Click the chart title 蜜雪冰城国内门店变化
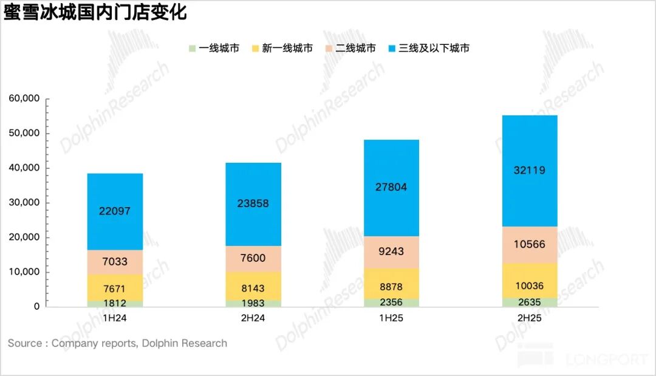[95, 13]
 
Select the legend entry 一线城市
[214, 48]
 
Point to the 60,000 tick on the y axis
[24, 98]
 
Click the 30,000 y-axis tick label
[24, 202]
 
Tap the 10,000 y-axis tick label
[24, 272]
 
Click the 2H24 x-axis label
[253, 317]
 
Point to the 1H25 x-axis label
[391, 317]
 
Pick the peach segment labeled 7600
[253, 258]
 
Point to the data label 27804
[391, 187]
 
